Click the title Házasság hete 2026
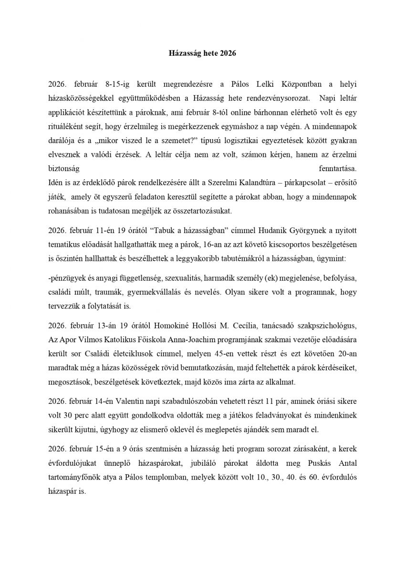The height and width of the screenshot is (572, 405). click(x=203, y=54)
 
